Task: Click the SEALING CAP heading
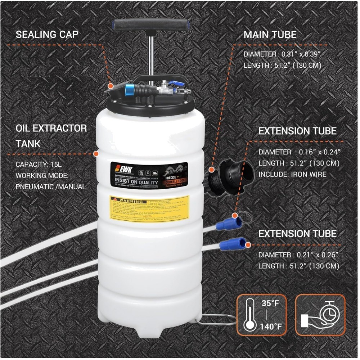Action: (x=47, y=35)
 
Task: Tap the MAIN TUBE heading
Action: (x=270, y=35)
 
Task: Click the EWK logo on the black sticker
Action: (x=119, y=168)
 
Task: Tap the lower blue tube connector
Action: (x=232, y=244)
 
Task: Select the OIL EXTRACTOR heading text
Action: (x=51, y=128)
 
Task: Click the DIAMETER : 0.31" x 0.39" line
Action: (x=282, y=54)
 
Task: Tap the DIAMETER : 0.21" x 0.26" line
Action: (x=298, y=255)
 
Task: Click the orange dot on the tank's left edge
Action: (x=96, y=154)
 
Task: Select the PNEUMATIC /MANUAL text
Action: (x=51, y=186)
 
